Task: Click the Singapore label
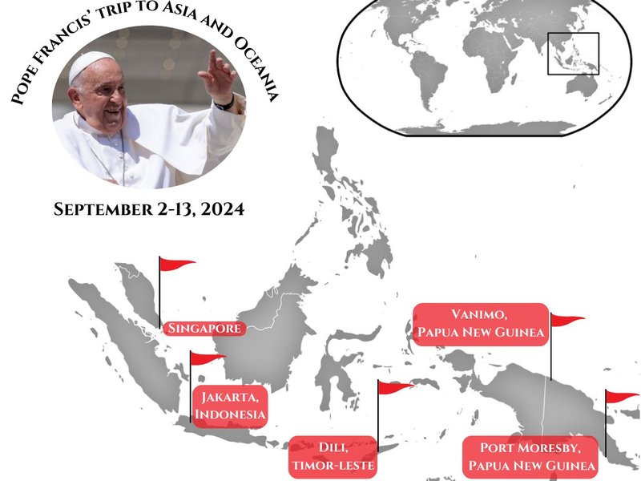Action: click(x=203, y=328)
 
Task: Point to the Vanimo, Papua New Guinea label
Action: click(x=480, y=324)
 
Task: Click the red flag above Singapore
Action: click(x=176, y=265)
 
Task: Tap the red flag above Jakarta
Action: click(x=207, y=359)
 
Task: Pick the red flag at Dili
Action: click(x=394, y=388)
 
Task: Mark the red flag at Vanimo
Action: click(x=566, y=321)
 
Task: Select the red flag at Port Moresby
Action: click(x=622, y=397)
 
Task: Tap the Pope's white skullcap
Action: click(x=91, y=65)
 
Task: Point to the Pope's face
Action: click(x=100, y=100)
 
